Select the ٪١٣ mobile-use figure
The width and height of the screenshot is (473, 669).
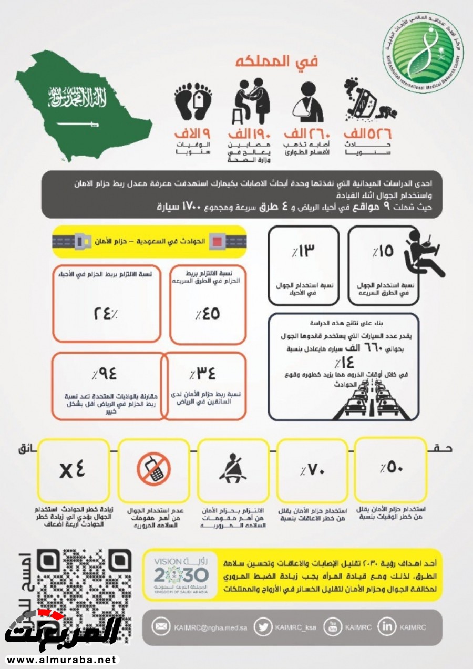click(x=303, y=252)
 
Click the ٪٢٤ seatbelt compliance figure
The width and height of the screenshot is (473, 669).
click(x=106, y=313)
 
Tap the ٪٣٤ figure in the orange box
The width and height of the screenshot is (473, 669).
click(x=203, y=374)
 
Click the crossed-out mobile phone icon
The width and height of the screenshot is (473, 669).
click(x=153, y=469)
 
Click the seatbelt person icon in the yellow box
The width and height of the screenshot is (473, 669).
click(x=232, y=469)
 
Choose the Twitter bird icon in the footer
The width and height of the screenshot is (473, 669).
click(x=262, y=627)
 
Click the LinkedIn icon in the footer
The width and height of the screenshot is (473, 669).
click(x=387, y=627)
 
